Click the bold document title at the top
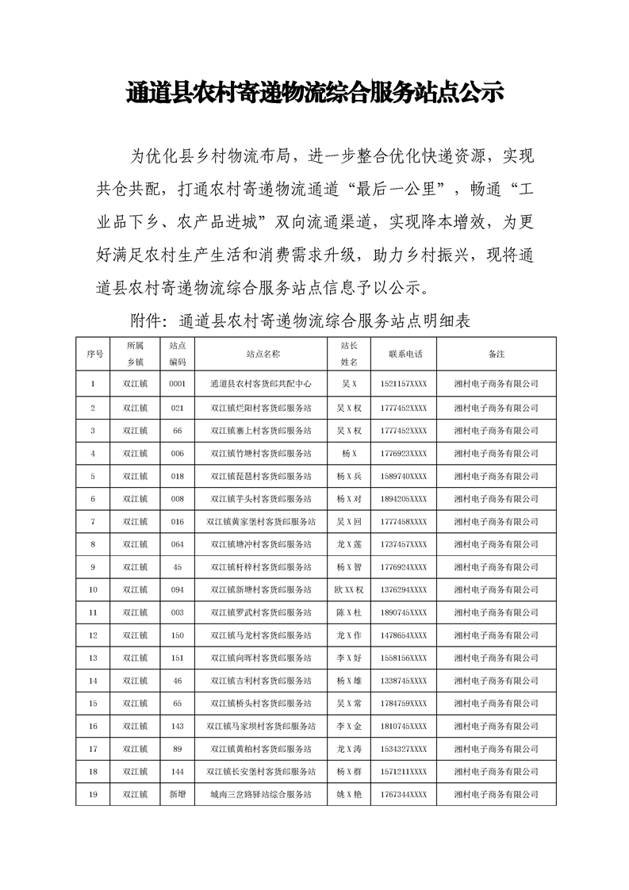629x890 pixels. click(x=315, y=94)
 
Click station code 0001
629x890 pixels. click(x=177, y=384)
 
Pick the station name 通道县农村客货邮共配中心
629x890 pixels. click(x=262, y=384)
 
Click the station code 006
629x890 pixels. click(x=177, y=453)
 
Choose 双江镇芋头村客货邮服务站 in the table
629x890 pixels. click(x=262, y=499)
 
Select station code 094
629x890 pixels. click(x=177, y=590)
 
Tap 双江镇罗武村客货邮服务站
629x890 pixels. click(x=262, y=613)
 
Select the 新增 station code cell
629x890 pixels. click(x=177, y=794)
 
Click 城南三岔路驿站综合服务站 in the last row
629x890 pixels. click(x=262, y=794)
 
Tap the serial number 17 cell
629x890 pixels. click(x=93, y=749)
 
